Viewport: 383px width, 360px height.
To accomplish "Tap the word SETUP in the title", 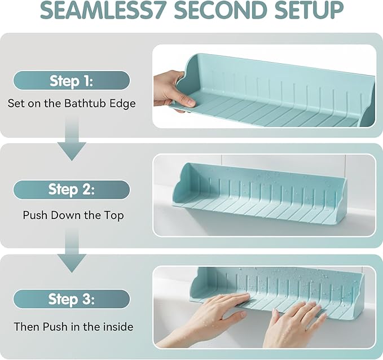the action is coord(309,10).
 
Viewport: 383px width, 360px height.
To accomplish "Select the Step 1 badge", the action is coord(71,80).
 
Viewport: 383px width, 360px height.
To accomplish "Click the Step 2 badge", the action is coord(71,190).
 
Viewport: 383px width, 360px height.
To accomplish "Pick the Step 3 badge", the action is coord(71,299).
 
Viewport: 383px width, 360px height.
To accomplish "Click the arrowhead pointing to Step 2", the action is coord(72,151).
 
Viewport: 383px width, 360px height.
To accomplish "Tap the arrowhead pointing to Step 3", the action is coord(72,263).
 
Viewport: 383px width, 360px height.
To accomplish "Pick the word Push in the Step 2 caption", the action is coord(35,215).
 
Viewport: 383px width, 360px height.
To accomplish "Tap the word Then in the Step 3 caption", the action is coord(27,327).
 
